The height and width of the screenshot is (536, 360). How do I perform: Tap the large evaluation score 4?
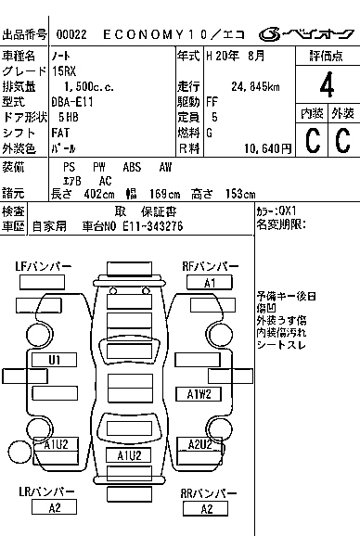tap(326, 89)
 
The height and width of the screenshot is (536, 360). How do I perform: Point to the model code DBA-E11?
tap(73, 102)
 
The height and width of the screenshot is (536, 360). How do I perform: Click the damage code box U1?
tap(54, 359)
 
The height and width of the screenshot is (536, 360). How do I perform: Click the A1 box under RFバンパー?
tap(210, 282)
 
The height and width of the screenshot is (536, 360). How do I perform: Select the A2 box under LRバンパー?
tap(54, 507)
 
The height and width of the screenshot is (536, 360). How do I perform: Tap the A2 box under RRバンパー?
tap(206, 508)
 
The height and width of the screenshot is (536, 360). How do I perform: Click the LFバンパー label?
tap(43, 267)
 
